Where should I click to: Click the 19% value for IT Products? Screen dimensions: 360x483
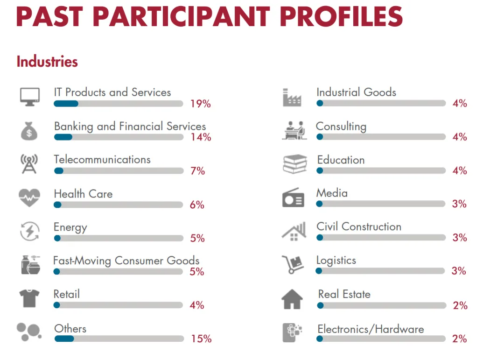point(200,104)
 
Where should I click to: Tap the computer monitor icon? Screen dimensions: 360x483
point(30,97)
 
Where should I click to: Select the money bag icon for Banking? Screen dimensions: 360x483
point(29,130)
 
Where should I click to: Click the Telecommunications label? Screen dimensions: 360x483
point(102,160)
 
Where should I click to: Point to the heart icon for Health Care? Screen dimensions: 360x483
point(29,198)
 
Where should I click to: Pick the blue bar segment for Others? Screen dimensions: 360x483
point(64,339)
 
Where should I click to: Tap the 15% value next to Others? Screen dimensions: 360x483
point(201,339)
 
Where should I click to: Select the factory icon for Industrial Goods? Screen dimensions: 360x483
point(293,97)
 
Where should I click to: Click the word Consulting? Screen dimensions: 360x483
point(341,127)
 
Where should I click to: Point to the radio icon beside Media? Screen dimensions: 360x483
point(294,198)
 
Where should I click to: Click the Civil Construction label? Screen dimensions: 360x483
point(359,227)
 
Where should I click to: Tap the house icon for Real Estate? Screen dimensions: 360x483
point(293,299)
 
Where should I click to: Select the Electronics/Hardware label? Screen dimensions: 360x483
point(371,329)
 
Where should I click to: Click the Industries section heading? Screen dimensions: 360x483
point(47,62)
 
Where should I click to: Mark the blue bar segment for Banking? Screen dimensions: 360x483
point(63,137)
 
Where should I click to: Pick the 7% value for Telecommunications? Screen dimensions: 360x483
point(197,171)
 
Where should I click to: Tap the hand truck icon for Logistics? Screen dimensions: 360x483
point(293,264)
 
